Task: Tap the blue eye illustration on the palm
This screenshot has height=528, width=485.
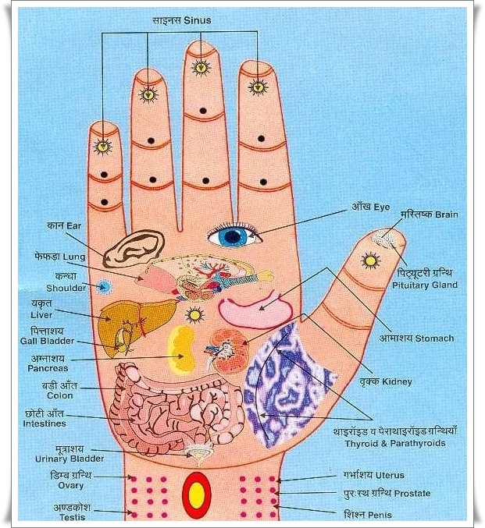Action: point(233,236)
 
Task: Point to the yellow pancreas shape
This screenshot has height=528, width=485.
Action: point(182,349)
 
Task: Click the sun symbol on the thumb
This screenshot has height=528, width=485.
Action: point(370,260)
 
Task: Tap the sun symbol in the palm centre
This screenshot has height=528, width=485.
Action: point(194,314)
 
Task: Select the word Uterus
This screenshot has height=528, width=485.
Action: point(390,474)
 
